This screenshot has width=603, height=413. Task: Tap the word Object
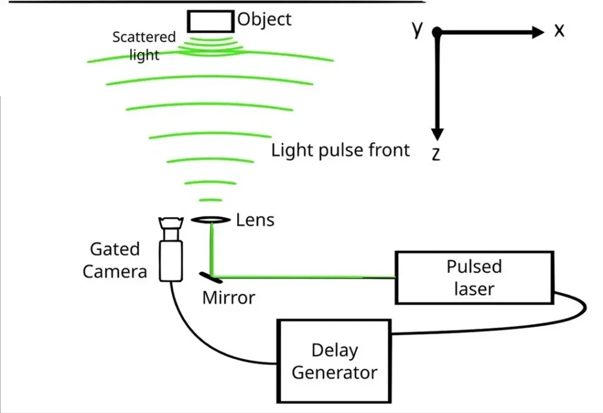tap(264, 19)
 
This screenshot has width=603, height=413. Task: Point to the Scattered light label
tap(144, 46)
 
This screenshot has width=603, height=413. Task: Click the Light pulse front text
tap(340, 150)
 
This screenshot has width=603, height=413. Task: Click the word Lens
tap(255, 220)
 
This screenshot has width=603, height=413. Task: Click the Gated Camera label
tap(115, 260)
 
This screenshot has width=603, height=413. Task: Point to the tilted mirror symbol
tap(210, 277)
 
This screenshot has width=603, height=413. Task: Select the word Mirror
tap(229, 298)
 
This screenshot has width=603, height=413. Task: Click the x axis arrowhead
tap(538, 32)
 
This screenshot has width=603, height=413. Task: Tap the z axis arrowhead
tap(438, 134)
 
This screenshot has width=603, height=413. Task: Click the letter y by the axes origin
tap(418, 29)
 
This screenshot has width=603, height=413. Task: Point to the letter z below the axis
tap(436, 154)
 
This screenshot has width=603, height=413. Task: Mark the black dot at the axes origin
tap(437, 32)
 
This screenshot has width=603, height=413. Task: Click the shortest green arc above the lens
tap(210, 200)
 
